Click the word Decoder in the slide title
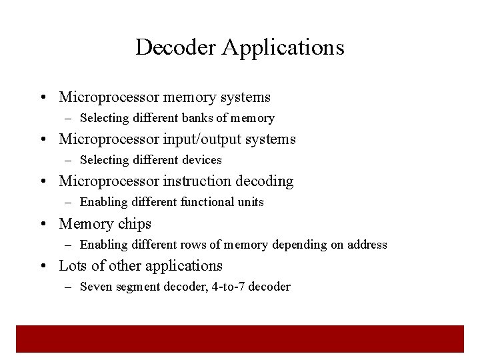pos(176,47)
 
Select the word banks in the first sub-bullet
pos(196,118)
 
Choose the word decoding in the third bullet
pos(269,181)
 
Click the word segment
pos(137,287)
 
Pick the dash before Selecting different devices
pos(69,160)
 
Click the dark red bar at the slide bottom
pos(240,338)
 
